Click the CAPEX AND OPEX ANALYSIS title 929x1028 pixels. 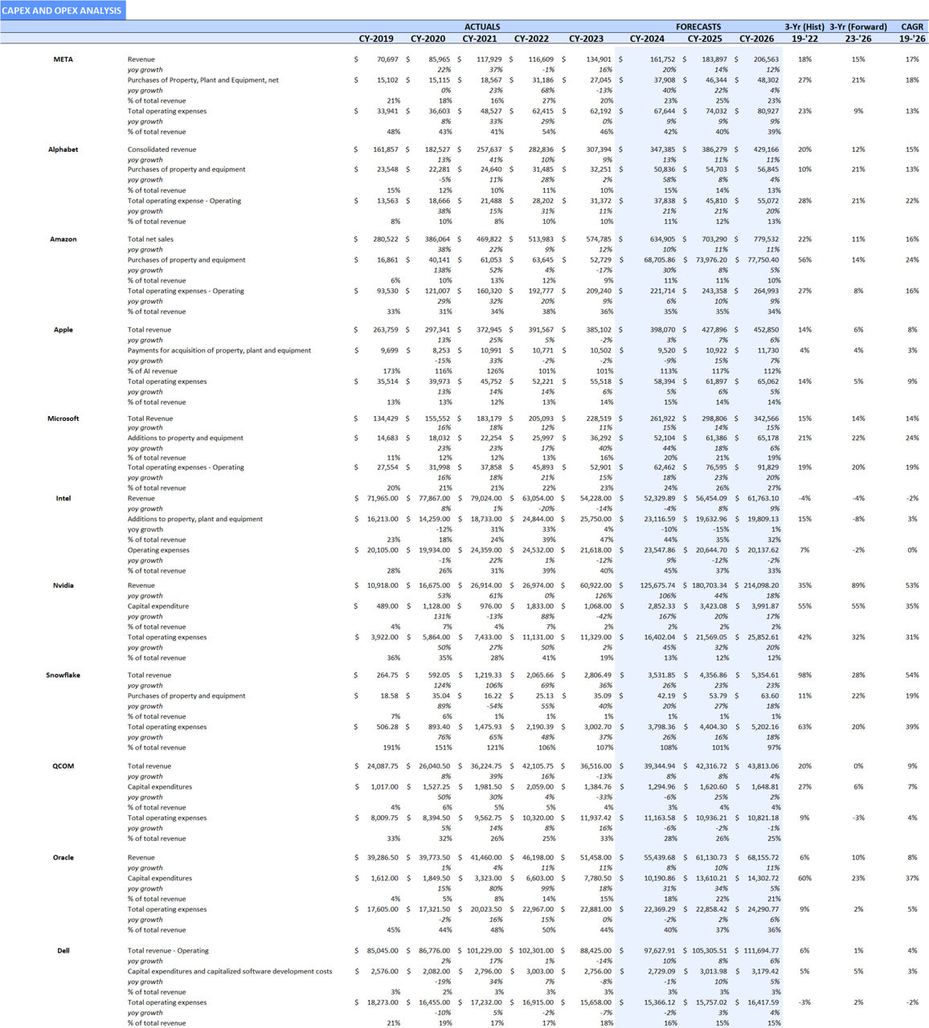point(62,10)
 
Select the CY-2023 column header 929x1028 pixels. point(586,39)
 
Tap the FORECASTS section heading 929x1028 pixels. point(698,27)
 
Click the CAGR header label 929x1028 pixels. point(911,27)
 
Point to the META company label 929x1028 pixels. point(63,59)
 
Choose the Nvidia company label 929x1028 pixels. point(63,585)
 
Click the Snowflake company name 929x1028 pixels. point(63,675)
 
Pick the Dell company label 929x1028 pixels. point(63,951)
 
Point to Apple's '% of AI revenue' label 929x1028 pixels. point(153,371)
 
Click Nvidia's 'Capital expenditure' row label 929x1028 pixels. point(158,606)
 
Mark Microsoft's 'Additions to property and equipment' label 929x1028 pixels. point(185,439)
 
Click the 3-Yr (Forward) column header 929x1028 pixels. point(858,27)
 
